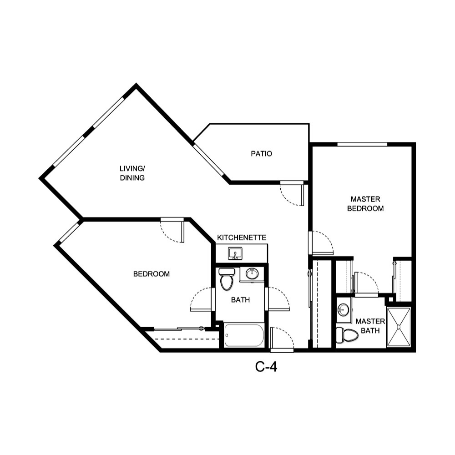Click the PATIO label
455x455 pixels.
[x=261, y=154]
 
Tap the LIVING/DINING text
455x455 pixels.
[x=132, y=173]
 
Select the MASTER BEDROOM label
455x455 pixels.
[x=365, y=204]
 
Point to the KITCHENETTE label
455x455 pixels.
[x=241, y=238]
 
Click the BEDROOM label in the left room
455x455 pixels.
[x=151, y=274]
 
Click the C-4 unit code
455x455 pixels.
[x=266, y=367]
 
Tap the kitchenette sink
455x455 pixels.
[x=235, y=253]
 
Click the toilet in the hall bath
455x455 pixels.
[x=226, y=279]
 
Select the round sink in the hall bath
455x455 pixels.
[x=252, y=273]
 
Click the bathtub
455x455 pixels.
[x=244, y=335]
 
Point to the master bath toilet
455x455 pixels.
[x=347, y=335]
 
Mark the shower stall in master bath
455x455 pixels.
[x=399, y=327]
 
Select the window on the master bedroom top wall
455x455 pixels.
[x=362, y=145]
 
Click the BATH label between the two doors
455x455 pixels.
[x=240, y=300]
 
